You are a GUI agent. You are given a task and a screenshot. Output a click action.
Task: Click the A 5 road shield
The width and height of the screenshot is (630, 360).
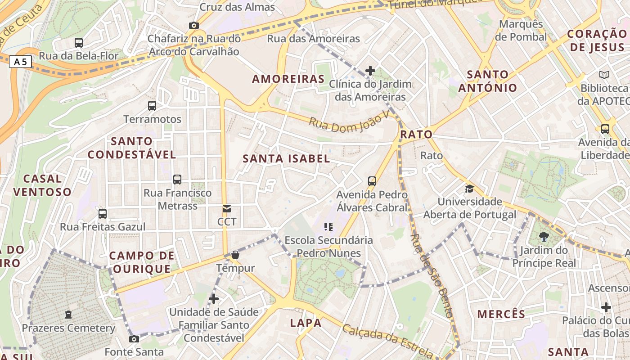[21, 62]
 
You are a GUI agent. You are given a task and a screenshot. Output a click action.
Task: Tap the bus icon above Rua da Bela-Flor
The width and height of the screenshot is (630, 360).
[79, 43]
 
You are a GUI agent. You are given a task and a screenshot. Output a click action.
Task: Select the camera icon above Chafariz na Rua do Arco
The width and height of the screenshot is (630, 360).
[194, 25]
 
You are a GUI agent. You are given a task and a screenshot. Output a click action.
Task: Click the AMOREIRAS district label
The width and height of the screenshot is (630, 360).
[288, 79]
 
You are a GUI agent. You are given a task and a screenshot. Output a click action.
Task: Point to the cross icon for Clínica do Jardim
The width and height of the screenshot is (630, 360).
[370, 71]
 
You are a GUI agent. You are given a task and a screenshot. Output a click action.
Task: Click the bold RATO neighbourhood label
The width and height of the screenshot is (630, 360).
[416, 134]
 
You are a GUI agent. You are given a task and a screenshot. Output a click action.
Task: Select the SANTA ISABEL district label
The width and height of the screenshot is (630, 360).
[286, 158]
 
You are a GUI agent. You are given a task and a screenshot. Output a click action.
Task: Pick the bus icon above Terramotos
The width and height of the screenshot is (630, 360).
[152, 106]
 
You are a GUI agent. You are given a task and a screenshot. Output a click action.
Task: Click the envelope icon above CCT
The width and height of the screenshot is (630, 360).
[227, 209]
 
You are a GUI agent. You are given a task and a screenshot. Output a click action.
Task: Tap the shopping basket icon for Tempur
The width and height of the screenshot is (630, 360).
[235, 255]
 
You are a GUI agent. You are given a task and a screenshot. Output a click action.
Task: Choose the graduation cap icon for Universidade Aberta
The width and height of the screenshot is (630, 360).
[469, 189]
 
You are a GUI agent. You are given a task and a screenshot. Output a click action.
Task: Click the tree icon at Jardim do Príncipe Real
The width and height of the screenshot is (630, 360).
[544, 237]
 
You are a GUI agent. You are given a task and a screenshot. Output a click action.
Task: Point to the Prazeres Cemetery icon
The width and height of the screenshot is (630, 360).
[68, 315]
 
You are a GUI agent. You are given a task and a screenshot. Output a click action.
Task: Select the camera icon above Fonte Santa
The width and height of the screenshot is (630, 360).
[134, 339]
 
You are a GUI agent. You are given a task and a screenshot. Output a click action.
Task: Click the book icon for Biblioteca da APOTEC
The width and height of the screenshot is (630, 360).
[604, 75]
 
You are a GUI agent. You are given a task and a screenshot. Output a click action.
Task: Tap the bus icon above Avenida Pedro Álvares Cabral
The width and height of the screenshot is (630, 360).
[372, 181]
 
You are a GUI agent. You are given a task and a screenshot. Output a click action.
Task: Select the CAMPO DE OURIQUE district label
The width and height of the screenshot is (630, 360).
[142, 262]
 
